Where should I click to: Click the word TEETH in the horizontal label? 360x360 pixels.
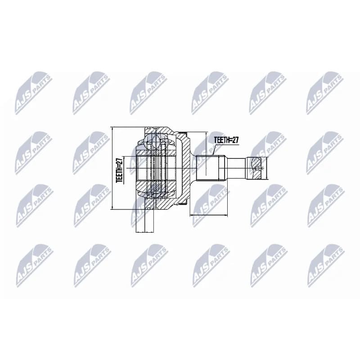[221, 140]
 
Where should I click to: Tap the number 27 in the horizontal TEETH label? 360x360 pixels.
[235, 140]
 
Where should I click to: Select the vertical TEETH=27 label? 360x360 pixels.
[120, 170]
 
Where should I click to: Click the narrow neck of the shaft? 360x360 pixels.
[237, 168]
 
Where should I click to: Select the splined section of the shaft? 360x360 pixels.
[210, 168]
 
